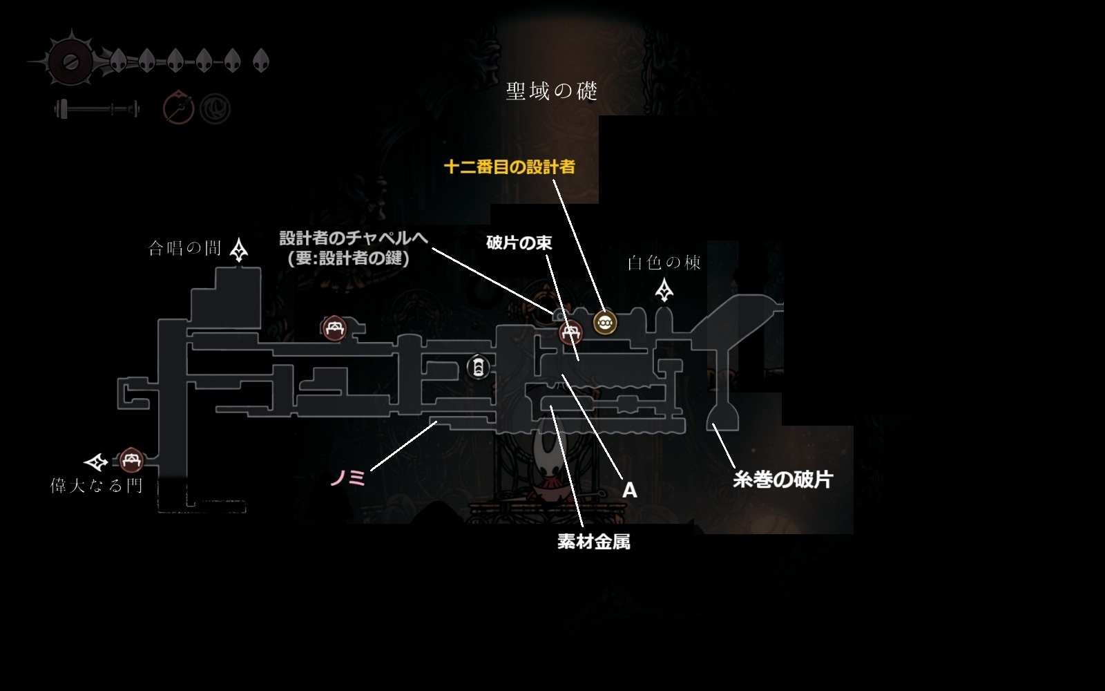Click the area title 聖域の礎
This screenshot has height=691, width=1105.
click(x=551, y=91)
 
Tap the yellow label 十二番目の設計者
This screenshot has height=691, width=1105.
click(x=509, y=167)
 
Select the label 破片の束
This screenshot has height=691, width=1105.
click(x=519, y=243)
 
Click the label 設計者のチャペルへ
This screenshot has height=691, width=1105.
click(x=353, y=238)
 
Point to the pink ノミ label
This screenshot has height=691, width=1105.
click(x=347, y=477)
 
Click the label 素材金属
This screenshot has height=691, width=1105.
click(x=593, y=541)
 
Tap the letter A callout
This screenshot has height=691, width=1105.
click(x=629, y=490)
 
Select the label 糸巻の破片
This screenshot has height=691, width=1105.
click(x=782, y=479)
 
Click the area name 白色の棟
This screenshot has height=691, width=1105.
click(x=664, y=263)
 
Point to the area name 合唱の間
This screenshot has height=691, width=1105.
click(x=184, y=248)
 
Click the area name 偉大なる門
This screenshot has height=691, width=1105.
click(x=96, y=486)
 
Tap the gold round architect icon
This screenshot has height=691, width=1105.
click(x=605, y=322)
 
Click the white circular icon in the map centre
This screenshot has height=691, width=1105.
click(x=478, y=367)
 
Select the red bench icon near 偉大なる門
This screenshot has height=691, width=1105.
click(x=131, y=460)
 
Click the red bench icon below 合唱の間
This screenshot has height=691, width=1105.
click(x=334, y=328)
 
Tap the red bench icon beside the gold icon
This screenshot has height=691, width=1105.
click(x=570, y=333)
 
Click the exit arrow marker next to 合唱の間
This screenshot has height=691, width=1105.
click(x=239, y=249)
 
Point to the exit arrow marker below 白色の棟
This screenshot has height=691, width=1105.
click(x=664, y=290)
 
